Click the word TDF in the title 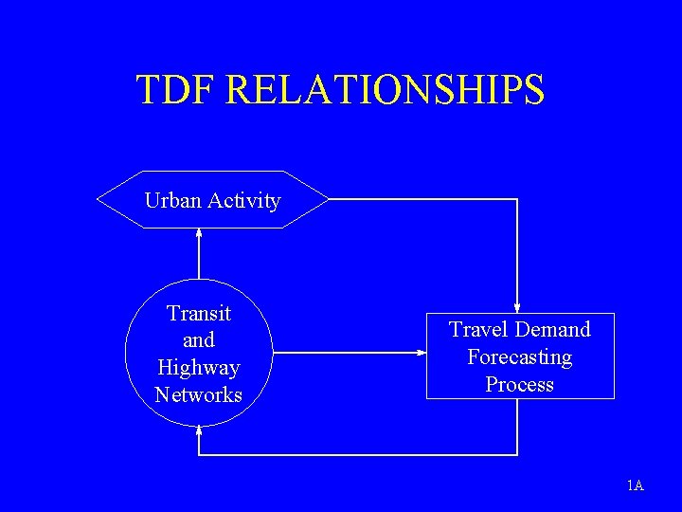pos(177,89)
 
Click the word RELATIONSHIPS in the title pos(386,89)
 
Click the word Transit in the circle pos(199,313)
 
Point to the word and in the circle pos(199,340)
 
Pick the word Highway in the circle pos(199,368)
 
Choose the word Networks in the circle pos(199,394)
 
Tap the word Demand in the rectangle pos(553,329)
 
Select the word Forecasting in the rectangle pos(519,357)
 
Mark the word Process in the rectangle pos(519,384)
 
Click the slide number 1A pos(635,486)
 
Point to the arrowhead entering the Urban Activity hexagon pos(199,232)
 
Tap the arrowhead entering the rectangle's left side pos(422,353)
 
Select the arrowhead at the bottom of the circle pos(199,429)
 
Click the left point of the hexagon pos(99,199)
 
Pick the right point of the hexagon pos(328,199)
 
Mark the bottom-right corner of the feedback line pos(517,455)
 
